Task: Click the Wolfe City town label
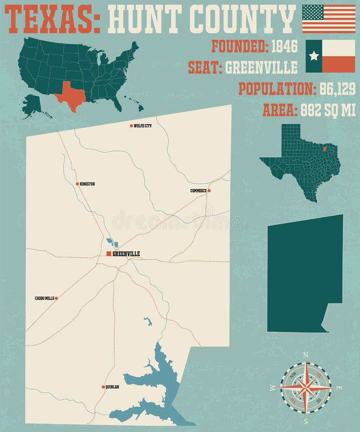(143, 126)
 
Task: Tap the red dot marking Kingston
(77, 184)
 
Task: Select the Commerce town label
(198, 191)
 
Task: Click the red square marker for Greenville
(109, 253)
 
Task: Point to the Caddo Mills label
(44, 298)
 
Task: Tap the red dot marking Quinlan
(103, 386)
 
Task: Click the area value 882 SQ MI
(328, 110)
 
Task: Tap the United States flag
(328, 19)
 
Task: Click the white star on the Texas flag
(314, 56)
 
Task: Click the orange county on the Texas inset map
(325, 149)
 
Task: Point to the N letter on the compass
(306, 355)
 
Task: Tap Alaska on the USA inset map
(32, 105)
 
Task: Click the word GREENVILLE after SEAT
(261, 68)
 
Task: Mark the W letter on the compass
(273, 387)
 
